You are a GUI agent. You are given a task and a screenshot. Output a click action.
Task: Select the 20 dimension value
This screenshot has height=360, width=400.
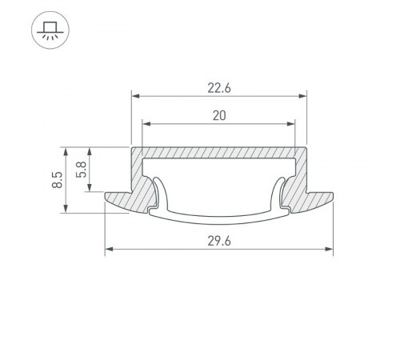[x=219, y=115]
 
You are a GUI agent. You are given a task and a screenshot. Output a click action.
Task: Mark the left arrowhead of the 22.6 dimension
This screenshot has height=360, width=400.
[x=134, y=97]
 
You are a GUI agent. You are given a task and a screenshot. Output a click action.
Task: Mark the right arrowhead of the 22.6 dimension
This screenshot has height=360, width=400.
[x=304, y=97]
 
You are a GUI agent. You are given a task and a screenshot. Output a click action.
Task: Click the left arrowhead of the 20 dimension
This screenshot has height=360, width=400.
[x=146, y=124]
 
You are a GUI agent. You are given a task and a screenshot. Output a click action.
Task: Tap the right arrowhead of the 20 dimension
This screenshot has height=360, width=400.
[x=292, y=124]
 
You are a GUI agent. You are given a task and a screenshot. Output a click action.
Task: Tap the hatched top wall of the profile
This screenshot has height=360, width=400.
[x=219, y=151]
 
